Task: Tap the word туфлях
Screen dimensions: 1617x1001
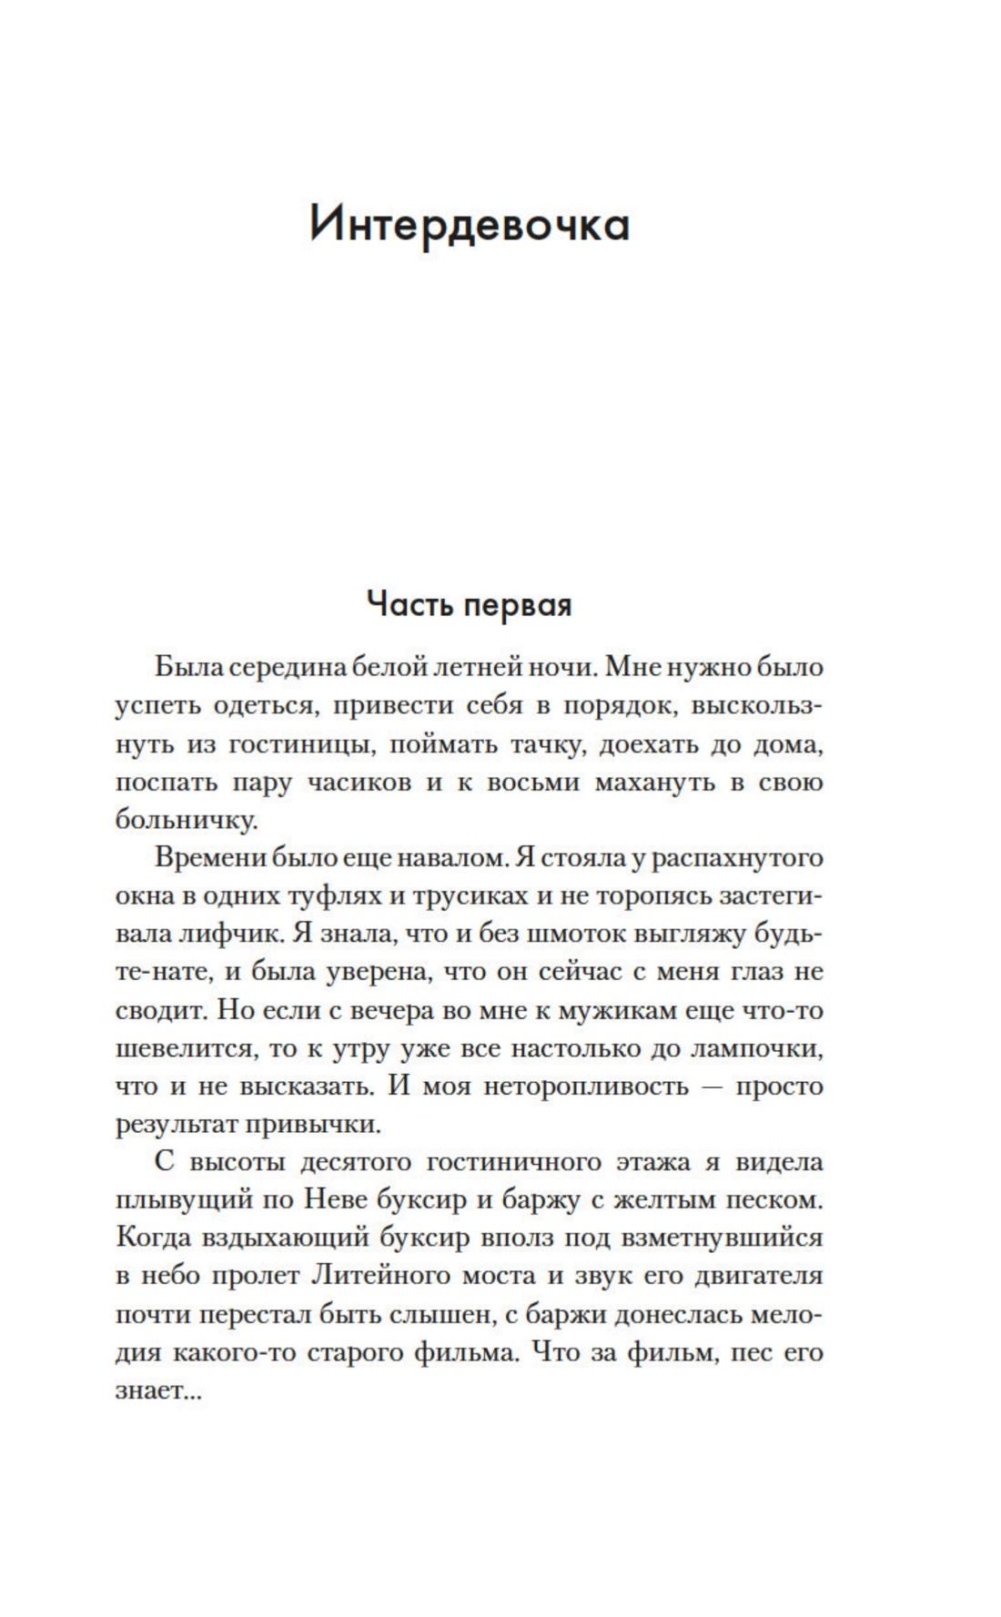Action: click(x=331, y=895)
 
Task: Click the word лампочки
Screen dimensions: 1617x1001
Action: click(x=757, y=1048)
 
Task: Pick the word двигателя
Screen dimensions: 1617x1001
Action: click(x=758, y=1276)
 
